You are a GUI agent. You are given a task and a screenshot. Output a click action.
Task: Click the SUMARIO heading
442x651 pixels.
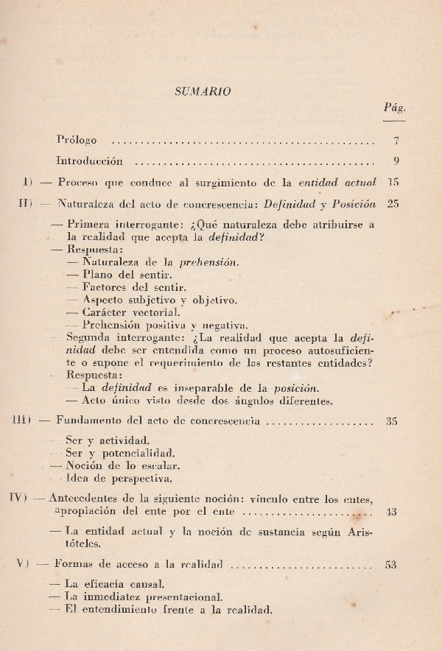click(203, 92)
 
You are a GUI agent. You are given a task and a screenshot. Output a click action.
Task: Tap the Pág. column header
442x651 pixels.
click(394, 108)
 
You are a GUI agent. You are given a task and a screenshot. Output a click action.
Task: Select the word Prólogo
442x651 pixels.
click(76, 139)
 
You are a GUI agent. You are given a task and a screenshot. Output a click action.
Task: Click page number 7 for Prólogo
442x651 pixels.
click(396, 140)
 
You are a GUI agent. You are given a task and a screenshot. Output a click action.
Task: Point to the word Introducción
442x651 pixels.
click(89, 161)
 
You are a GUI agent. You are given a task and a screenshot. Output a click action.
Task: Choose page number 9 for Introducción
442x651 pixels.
click(396, 161)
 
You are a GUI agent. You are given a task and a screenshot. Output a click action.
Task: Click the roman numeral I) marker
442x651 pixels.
click(27, 182)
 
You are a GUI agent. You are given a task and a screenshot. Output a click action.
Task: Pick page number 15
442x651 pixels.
click(393, 182)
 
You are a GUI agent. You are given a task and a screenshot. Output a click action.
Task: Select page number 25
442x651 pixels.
click(393, 204)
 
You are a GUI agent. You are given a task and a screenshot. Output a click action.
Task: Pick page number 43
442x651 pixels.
click(391, 512)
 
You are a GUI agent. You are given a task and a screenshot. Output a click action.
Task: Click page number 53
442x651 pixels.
click(391, 565)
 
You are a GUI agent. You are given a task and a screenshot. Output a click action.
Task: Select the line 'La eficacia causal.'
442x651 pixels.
click(110, 584)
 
